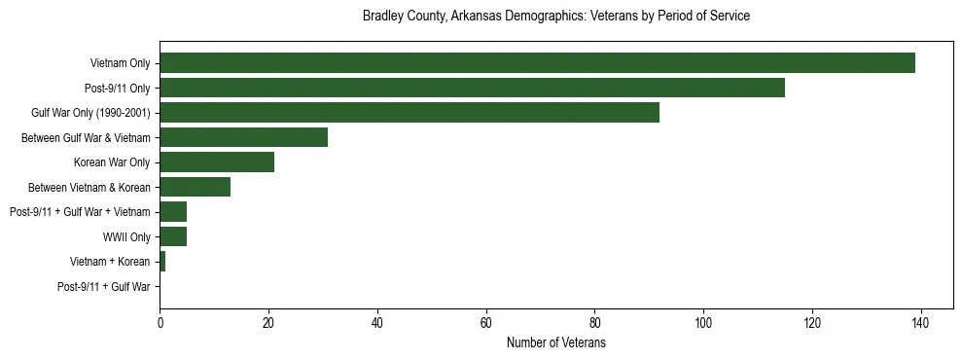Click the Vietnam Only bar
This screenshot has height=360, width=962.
(537, 62)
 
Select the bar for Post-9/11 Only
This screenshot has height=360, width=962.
(472, 88)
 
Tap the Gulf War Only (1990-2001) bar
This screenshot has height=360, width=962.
(410, 113)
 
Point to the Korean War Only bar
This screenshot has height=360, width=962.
(216, 162)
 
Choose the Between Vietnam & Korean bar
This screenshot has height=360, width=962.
(195, 187)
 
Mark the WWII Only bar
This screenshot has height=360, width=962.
(173, 236)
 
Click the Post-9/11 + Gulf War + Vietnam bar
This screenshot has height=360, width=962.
(173, 212)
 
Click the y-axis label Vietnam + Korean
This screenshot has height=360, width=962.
(110, 262)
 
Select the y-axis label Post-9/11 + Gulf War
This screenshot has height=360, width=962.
(104, 287)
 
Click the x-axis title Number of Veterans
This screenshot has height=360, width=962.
(555, 343)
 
